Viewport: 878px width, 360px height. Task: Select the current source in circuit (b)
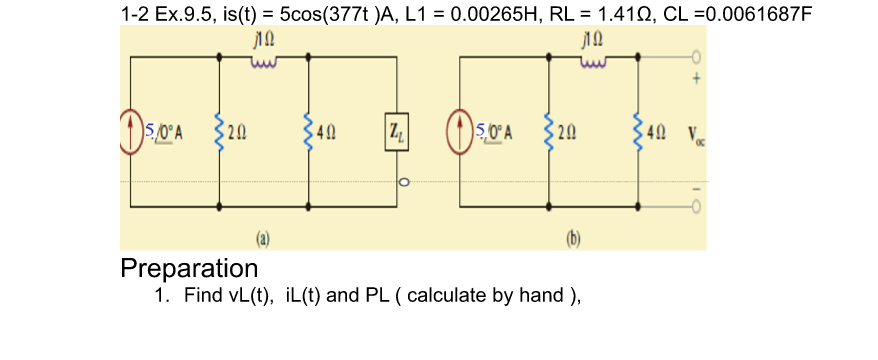462,131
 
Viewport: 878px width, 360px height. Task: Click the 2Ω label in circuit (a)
236,131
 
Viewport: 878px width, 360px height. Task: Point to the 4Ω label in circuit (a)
327,131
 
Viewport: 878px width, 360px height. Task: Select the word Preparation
189,268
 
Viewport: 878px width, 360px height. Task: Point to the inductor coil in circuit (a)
263,58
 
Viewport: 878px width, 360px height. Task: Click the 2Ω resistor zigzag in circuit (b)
549,131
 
